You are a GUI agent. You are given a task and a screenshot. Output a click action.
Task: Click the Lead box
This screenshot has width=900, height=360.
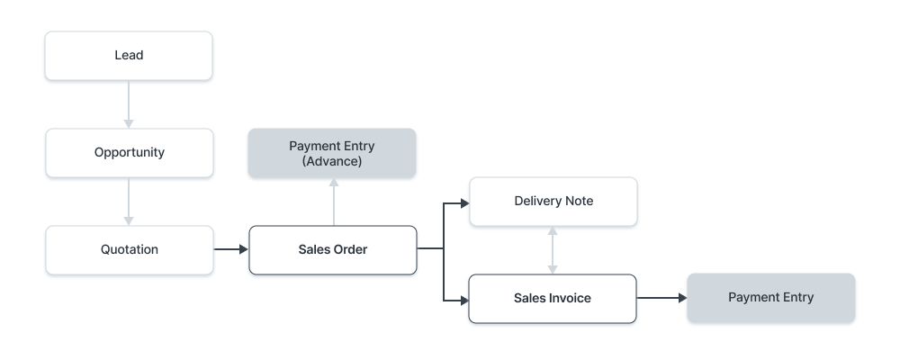129,56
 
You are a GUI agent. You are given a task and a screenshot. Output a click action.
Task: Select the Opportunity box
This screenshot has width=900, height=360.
129,153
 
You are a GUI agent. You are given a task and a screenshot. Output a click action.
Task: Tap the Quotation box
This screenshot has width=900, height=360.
129,249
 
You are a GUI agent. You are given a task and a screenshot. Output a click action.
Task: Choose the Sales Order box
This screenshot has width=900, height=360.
332,249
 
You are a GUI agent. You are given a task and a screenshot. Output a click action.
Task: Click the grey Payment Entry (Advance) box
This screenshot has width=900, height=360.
332,153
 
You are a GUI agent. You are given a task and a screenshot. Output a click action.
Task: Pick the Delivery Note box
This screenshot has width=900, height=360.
553,201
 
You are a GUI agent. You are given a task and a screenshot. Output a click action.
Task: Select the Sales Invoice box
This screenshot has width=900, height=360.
553,298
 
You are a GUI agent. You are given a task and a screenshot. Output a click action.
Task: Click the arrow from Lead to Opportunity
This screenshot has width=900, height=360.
129,103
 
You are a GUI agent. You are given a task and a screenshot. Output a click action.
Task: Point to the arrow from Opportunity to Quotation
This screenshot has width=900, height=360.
129,201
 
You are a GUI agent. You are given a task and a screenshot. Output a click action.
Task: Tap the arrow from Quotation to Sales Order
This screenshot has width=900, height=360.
230,249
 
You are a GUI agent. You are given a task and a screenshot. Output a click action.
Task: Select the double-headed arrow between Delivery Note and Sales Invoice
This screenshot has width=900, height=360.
553,249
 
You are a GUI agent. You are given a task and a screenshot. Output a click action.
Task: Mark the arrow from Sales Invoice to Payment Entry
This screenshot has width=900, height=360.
661,298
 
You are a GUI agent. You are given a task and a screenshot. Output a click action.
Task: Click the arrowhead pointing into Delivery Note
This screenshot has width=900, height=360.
464,203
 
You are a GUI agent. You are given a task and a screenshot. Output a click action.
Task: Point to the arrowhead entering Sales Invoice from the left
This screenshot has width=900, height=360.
464,298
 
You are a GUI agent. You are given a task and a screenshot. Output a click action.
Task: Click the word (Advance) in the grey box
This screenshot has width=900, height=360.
332,162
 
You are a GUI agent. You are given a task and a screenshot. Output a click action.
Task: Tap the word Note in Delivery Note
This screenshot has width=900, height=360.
578,201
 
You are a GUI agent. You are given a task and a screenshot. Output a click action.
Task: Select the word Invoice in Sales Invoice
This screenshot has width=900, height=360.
571,298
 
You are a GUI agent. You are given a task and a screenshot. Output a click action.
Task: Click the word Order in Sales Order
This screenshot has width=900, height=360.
350,249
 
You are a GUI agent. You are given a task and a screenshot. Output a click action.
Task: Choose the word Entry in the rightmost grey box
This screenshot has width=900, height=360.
796,298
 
